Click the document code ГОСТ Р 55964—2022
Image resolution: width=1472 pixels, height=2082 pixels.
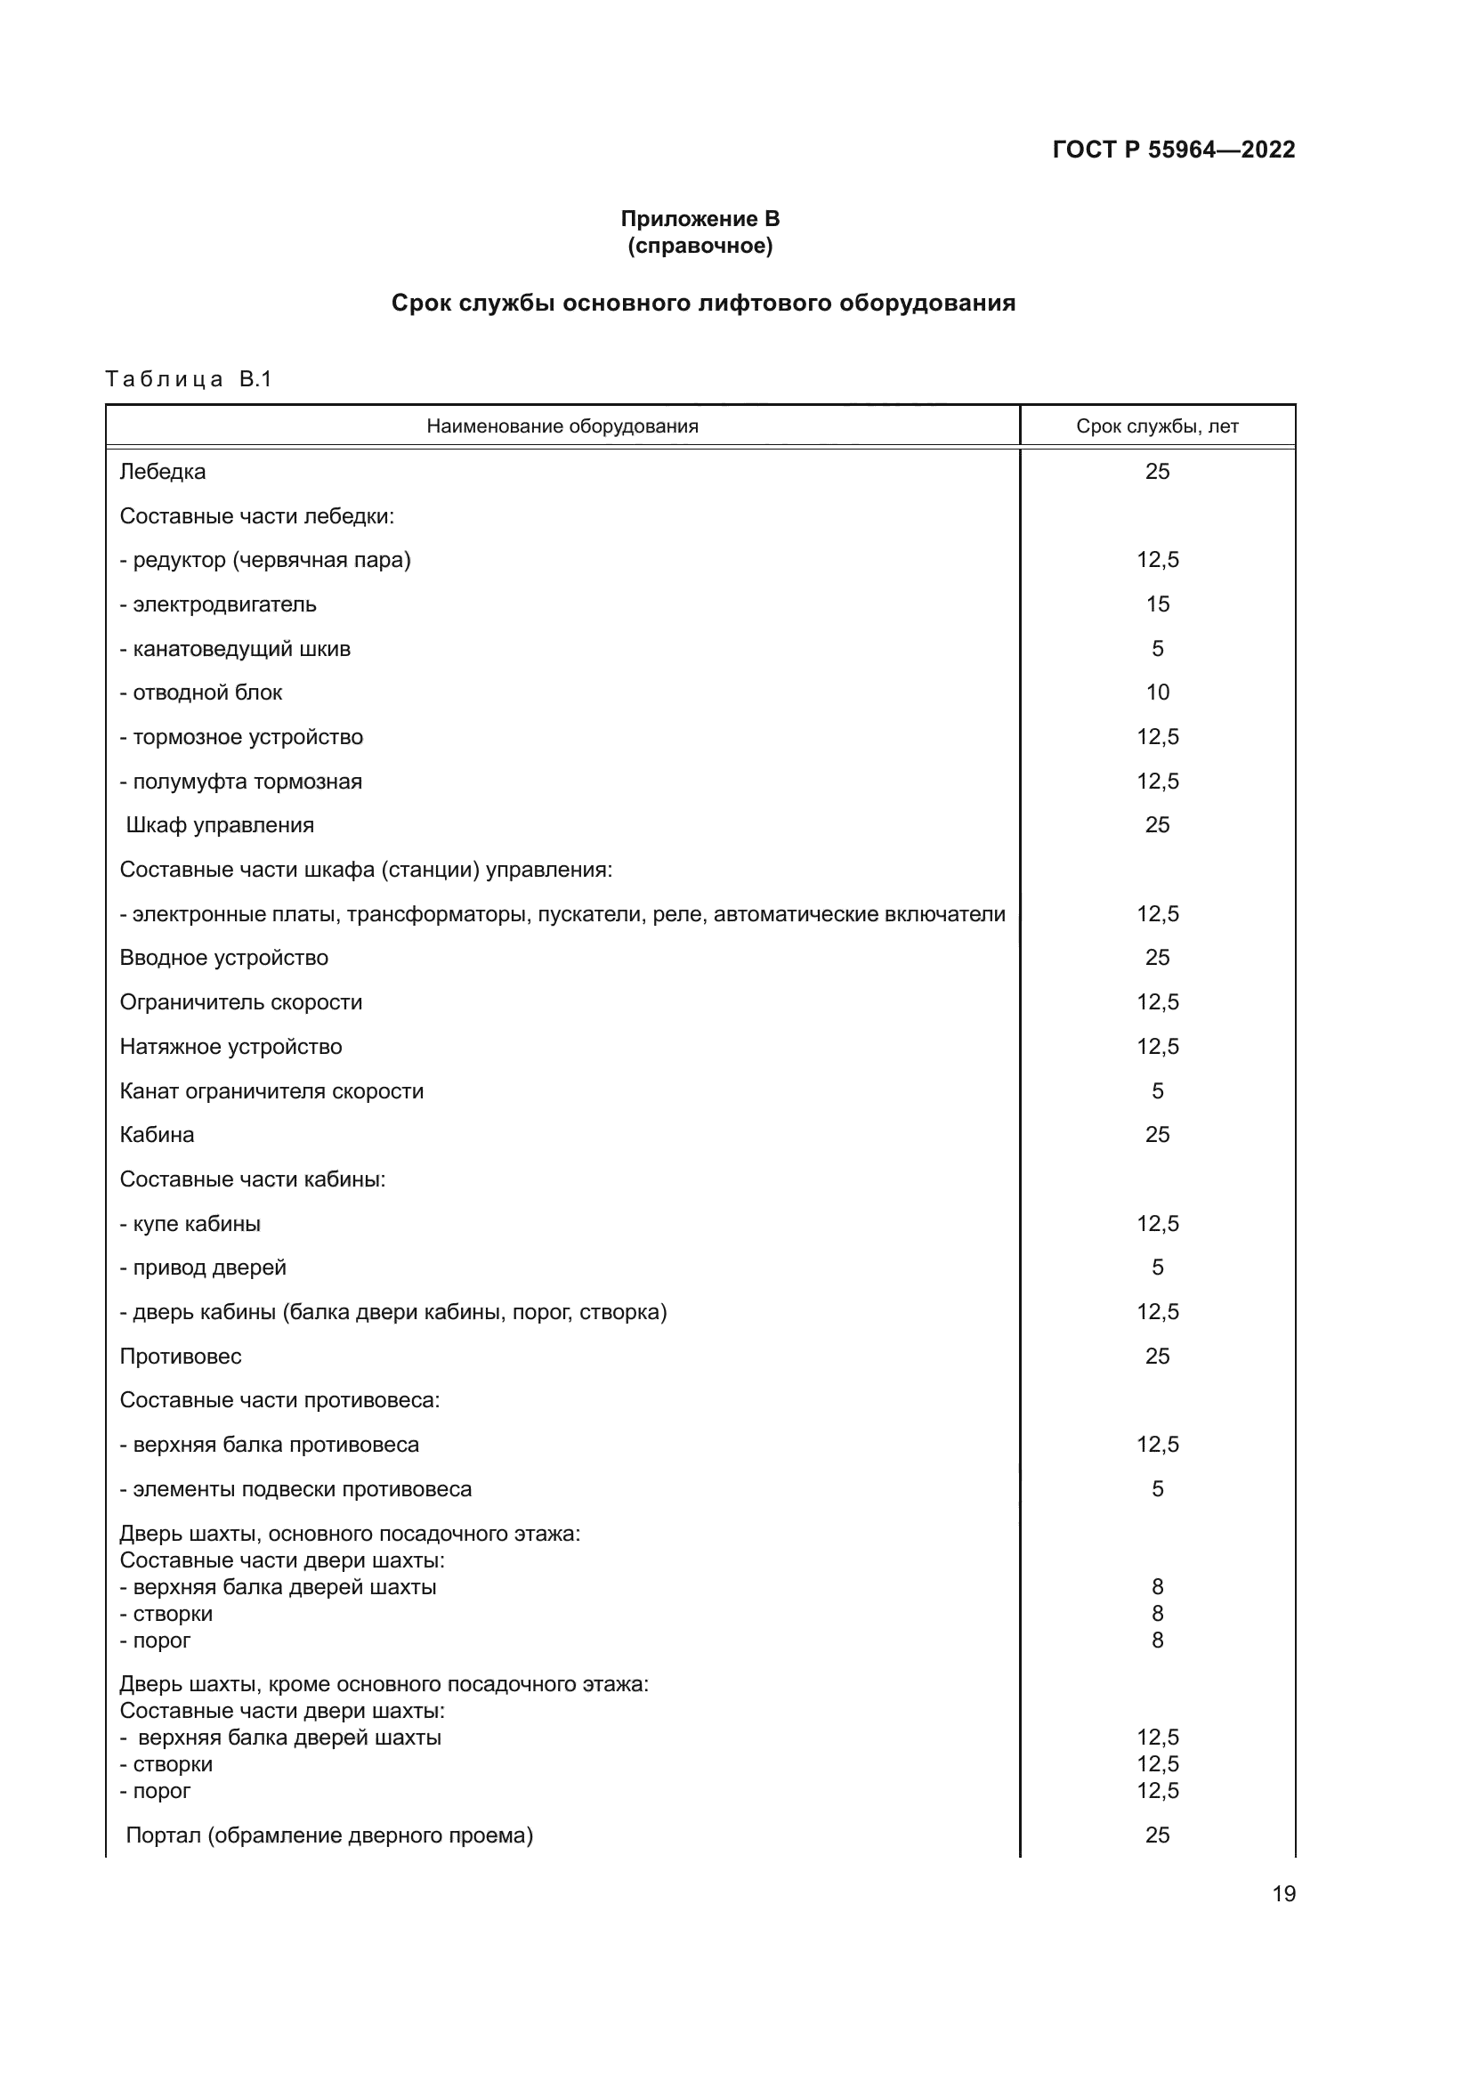1173,150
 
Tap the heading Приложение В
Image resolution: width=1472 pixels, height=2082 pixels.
700,219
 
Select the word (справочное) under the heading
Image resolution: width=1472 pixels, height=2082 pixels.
700,246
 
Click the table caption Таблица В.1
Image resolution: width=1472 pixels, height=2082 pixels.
189,379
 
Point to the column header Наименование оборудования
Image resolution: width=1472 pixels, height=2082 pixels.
562,426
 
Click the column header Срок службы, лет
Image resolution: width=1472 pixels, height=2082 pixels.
1157,426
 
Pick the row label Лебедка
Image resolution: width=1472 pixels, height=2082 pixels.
163,472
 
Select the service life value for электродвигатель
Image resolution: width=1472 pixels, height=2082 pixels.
1158,604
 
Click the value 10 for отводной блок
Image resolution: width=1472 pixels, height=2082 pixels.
1158,693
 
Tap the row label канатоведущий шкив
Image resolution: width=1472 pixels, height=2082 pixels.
236,648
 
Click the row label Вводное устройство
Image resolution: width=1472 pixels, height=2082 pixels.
224,958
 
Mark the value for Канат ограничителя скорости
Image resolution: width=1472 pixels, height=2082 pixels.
1158,1091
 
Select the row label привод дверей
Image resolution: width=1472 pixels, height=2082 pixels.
204,1268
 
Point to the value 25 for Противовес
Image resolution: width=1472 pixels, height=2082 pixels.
1158,1357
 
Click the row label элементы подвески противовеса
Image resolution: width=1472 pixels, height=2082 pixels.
296,1489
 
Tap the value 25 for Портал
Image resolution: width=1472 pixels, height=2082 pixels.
1158,1835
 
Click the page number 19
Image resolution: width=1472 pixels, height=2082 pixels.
1283,1894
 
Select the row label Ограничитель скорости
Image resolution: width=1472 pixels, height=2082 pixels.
241,1002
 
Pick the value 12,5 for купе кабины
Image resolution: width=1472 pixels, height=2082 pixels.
1158,1224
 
